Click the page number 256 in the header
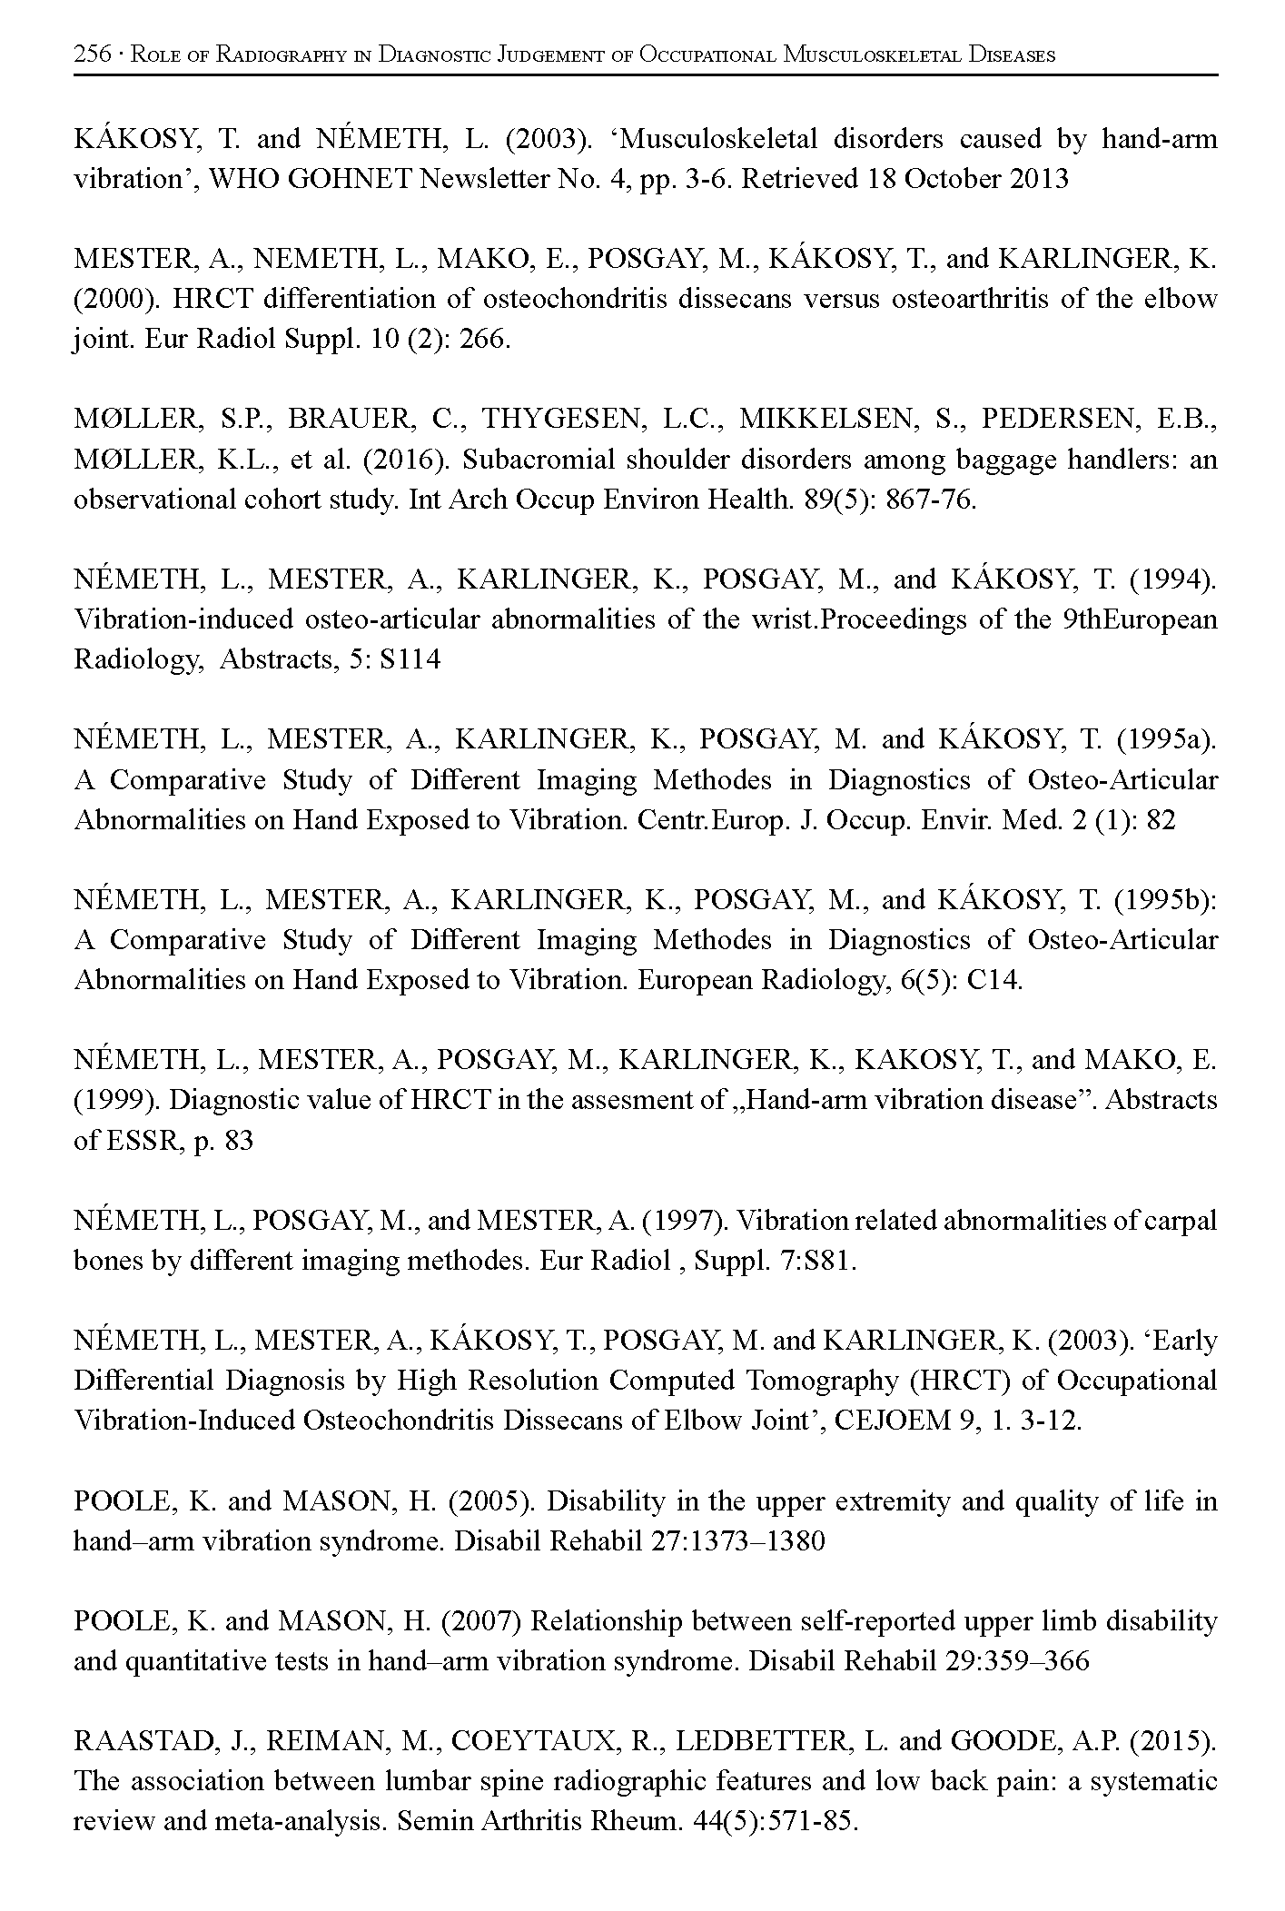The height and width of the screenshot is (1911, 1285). (92, 54)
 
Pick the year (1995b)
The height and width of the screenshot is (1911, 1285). (1166, 900)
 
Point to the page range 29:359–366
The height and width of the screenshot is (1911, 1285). (1013, 1661)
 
